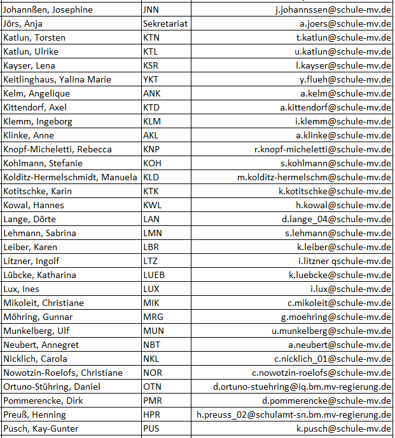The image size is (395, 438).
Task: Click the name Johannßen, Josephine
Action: (x=48, y=10)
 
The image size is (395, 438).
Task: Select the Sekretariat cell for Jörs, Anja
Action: (x=165, y=23)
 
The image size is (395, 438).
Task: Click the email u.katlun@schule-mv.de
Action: (x=343, y=51)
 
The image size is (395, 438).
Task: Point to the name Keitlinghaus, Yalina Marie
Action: (x=57, y=79)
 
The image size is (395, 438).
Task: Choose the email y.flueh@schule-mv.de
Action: (x=345, y=79)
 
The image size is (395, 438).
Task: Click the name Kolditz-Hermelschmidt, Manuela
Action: (x=70, y=177)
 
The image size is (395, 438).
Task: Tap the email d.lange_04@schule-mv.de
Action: (x=336, y=219)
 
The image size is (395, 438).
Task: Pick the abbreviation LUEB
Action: (x=154, y=275)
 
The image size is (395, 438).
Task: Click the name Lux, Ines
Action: (x=21, y=289)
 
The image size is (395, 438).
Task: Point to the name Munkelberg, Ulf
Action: (x=37, y=331)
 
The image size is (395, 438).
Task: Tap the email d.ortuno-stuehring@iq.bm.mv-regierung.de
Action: (x=302, y=387)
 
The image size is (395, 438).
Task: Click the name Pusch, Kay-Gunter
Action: (x=41, y=428)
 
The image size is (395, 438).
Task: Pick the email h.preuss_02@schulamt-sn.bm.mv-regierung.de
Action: (x=293, y=415)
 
